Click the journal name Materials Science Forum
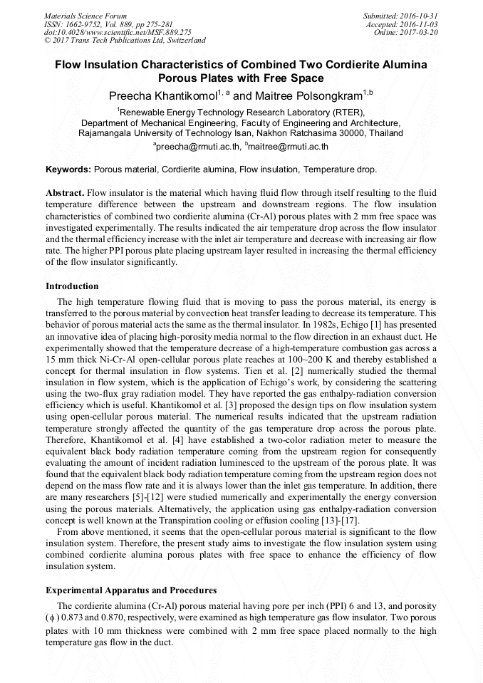tap(85, 15)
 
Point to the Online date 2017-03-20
tap(420, 32)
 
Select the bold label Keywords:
tap(68, 170)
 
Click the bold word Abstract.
tap(65, 193)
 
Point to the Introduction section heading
tap(72, 286)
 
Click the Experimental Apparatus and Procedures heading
tap(131, 590)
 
